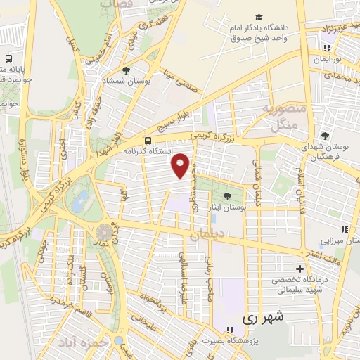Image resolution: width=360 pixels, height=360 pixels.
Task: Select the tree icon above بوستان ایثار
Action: (x=226, y=196)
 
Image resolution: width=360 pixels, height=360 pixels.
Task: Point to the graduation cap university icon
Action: (x=259, y=17)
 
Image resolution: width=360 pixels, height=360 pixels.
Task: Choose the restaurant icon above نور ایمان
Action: (x=327, y=48)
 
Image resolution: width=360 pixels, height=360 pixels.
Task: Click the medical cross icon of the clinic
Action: (x=300, y=269)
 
